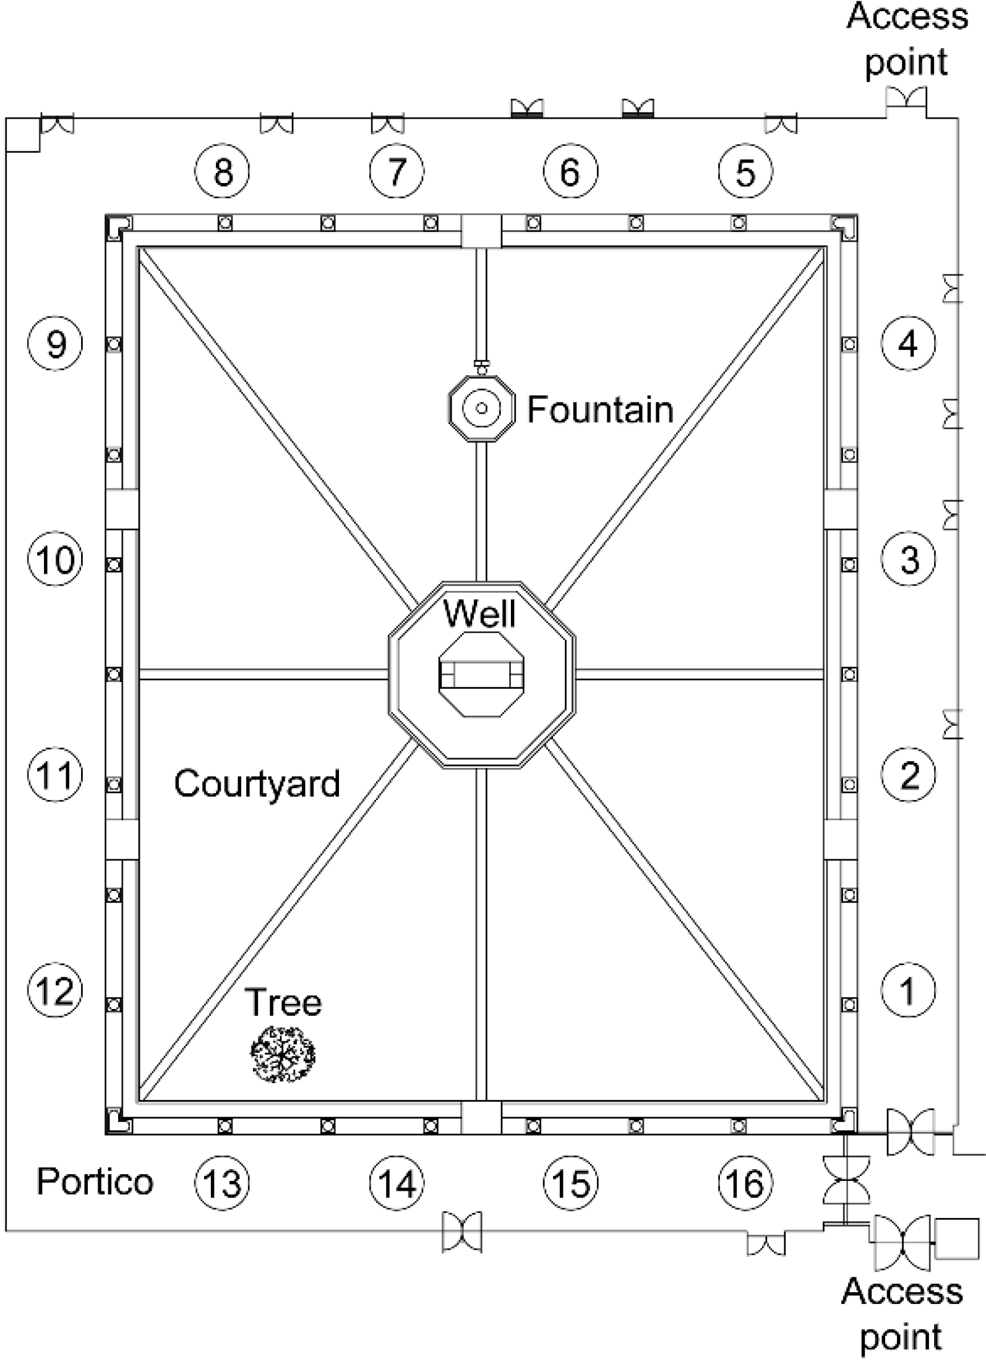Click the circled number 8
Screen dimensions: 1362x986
222,171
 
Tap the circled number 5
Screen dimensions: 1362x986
745,171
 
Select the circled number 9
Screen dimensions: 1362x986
55,343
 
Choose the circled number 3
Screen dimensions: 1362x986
909,559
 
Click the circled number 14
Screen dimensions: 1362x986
397,1183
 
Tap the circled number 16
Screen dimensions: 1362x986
745,1183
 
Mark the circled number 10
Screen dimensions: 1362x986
55,559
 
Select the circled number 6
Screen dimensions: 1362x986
571,171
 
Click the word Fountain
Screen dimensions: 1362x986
600,409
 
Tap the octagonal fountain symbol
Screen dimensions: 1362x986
482,408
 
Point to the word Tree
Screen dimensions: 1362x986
283,1002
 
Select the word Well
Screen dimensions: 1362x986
480,614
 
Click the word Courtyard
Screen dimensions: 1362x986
257,783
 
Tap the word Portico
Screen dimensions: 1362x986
95,1181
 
